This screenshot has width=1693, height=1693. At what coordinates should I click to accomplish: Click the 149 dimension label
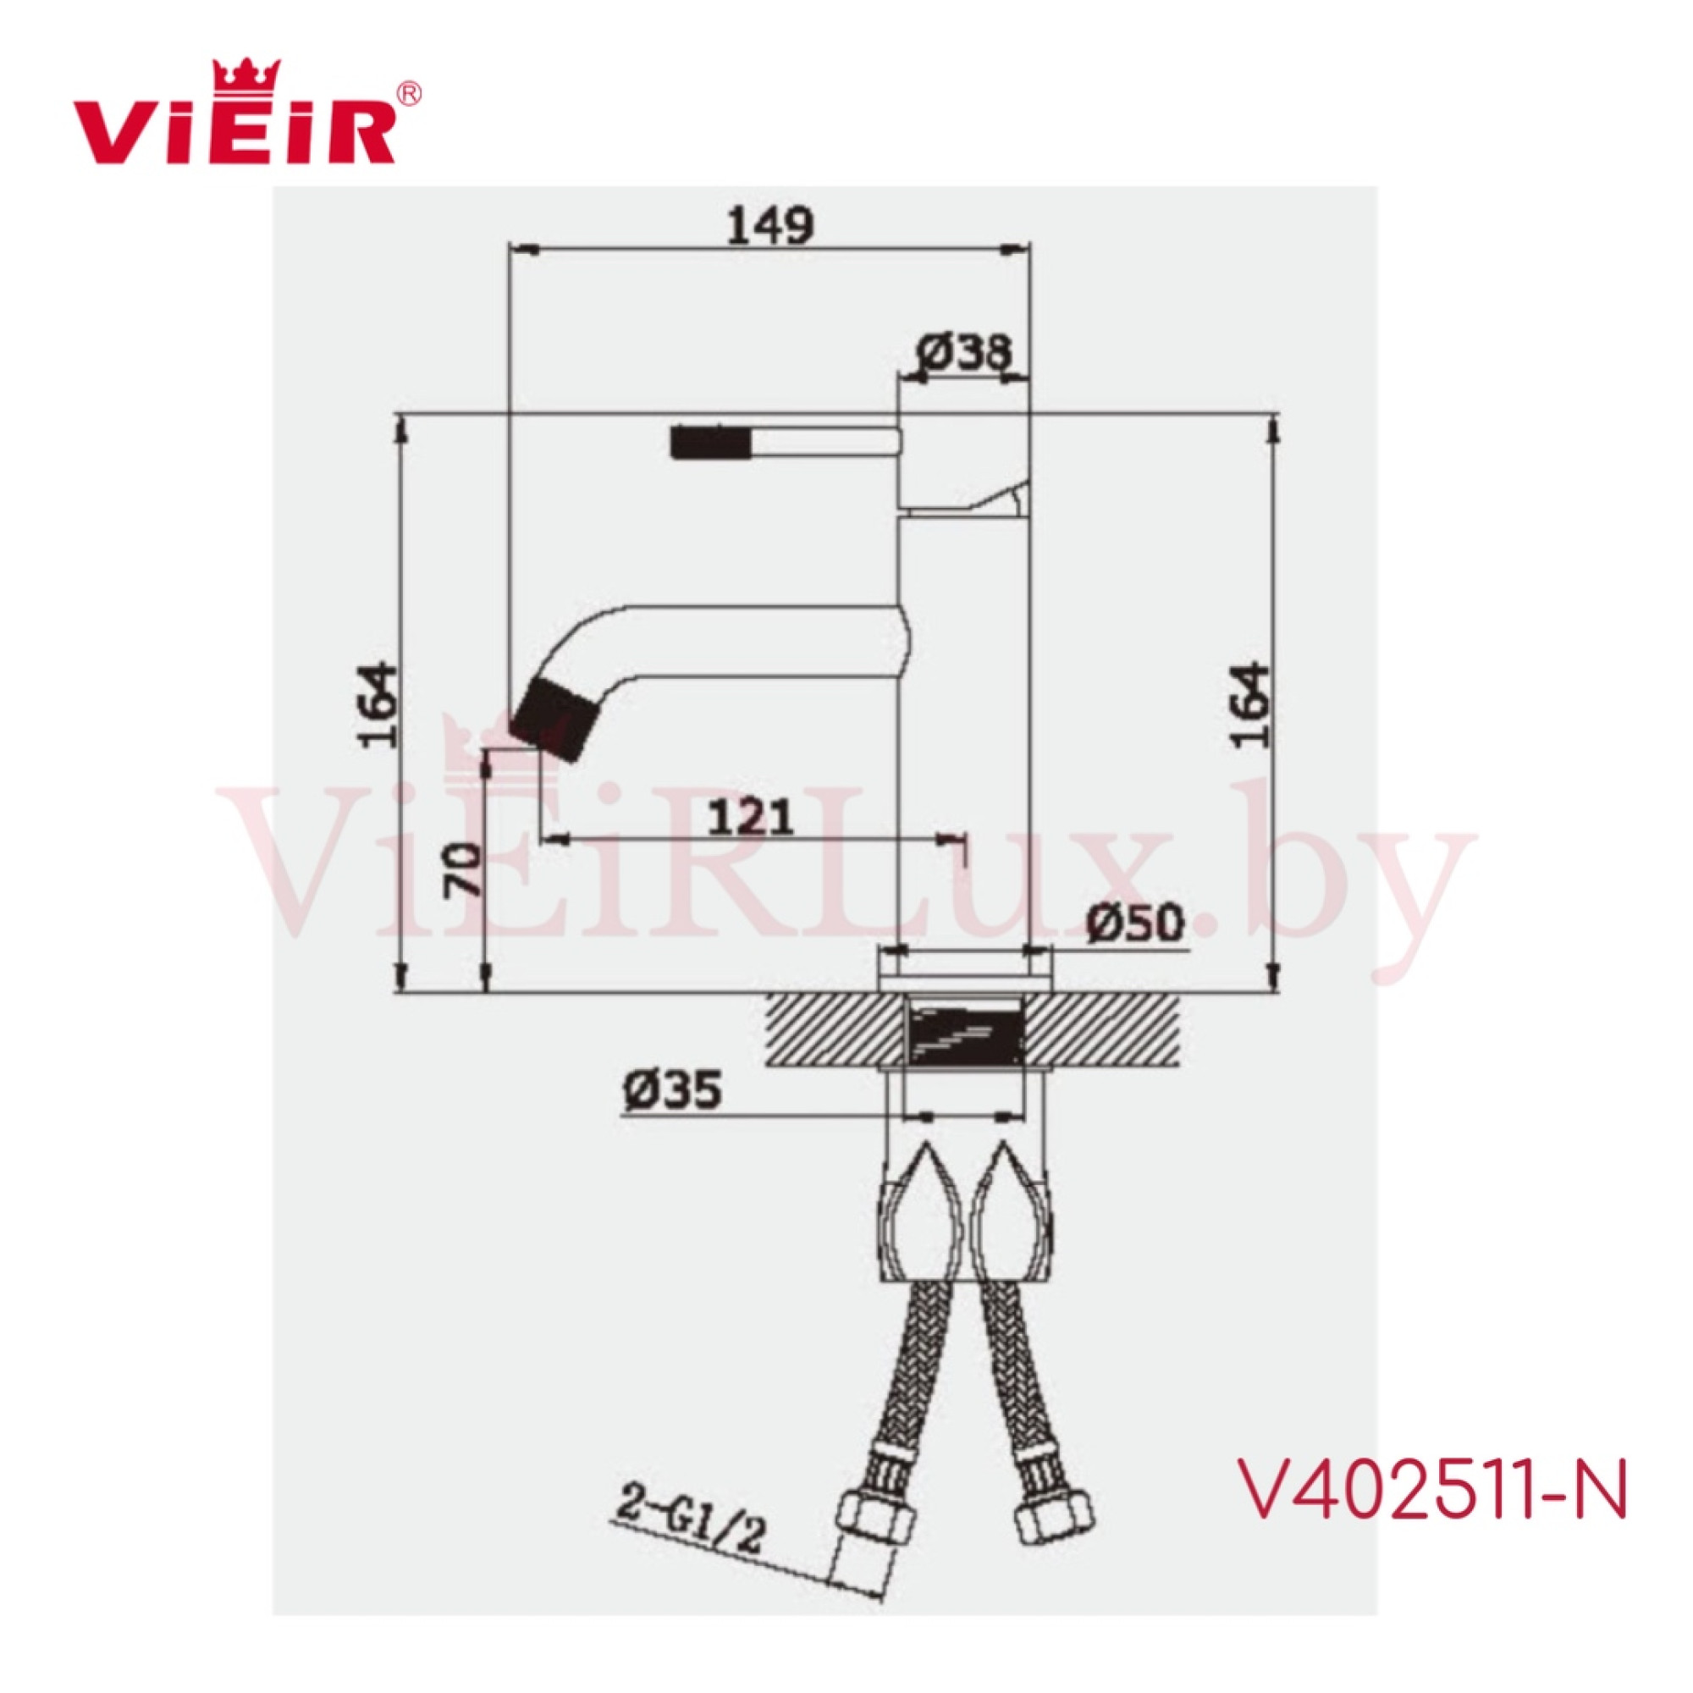(x=770, y=226)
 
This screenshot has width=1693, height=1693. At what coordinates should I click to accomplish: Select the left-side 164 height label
(x=378, y=705)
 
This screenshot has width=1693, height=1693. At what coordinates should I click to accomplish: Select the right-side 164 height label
(x=1251, y=705)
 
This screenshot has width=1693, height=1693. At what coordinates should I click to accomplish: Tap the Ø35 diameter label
(x=673, y=1090)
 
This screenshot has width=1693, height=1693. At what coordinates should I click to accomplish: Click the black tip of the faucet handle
(x=711, y=442)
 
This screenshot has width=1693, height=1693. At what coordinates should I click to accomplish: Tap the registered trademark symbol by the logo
(x=410, y=93)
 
